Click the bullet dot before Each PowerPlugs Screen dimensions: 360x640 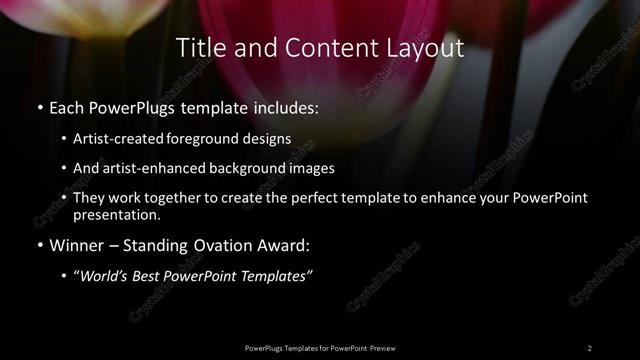(39, 106)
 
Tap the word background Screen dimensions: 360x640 (248, 169)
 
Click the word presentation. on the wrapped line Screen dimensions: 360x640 (117, 214)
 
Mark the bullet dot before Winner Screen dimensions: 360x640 (39, 243)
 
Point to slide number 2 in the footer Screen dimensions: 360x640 (590, 347)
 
